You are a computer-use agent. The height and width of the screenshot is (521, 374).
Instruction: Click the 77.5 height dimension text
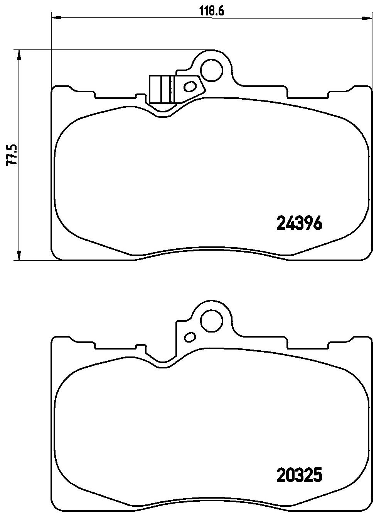point(12,154)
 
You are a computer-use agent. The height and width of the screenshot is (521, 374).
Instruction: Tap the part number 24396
point(299,222)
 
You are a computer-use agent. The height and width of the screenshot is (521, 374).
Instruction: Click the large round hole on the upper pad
point(212,70)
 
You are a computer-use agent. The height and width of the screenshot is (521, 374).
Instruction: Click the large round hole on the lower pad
point(212,321)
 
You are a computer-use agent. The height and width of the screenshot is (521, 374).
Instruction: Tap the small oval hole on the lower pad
point(190,337)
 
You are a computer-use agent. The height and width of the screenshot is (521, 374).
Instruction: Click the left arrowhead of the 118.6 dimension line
point(56,17)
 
